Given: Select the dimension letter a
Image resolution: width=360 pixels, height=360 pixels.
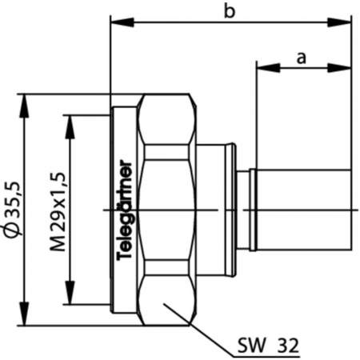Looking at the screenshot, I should pyautogui.click(x=302, y=57).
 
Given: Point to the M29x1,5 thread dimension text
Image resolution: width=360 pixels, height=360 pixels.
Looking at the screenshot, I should pyautogui.click(x=57, y=210).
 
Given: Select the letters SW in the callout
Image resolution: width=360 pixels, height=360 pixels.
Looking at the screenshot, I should pyautogui.click(x=250, y=346).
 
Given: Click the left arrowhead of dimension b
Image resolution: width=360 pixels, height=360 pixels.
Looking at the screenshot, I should pyautogui.click(x=115, y=22).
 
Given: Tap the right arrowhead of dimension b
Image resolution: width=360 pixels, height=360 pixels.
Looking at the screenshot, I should pyautogui.click(x=346, y=22).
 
